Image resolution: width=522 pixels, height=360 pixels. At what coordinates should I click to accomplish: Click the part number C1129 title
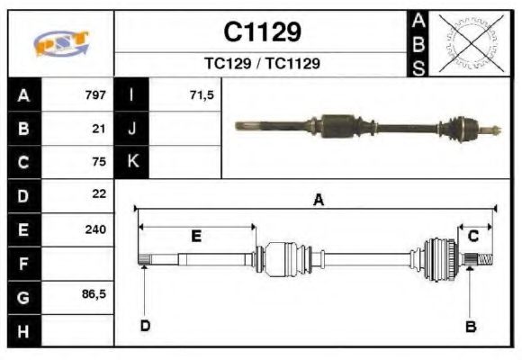tap(262, 32)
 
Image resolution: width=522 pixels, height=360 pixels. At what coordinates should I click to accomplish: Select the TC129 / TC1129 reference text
tap(262, 64)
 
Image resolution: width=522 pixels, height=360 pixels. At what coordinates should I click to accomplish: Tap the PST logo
tap(61, 43)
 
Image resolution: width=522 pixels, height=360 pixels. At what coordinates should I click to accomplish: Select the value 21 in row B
tap(99, 129)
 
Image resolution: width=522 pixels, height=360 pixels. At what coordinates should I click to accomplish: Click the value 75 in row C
tap(99, 162)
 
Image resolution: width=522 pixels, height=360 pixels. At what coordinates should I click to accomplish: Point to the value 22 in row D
tap(99, 194)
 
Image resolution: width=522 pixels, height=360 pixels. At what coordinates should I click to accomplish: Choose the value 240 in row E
tap(95, 229)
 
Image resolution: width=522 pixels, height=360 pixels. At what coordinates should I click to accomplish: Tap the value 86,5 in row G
tap(94, 294)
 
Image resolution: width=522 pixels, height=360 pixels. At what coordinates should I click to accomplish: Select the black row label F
tap(23, 263)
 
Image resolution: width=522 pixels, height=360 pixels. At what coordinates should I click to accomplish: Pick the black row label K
tap(132, 162)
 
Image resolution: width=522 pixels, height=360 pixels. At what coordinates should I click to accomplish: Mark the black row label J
tap(132, 129)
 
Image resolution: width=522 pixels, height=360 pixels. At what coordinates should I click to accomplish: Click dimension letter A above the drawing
tap(318, 201)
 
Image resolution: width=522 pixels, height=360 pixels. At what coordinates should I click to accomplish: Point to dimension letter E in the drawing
tap(195, 236)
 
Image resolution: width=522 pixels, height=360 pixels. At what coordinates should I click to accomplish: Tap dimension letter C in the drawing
tap(472, 236)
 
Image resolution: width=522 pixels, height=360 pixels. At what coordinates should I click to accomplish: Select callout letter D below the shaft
tap(144, 325)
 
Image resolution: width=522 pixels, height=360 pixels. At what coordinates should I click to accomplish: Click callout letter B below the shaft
tap(470, 326)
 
